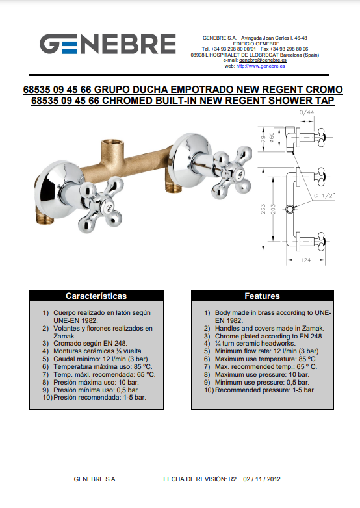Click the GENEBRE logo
click(108, 44)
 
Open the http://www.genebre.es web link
click(261, 66)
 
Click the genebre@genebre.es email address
click(263, 60)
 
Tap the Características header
click(96, 296)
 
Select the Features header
click(262, 296)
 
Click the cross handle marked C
click(101, 204)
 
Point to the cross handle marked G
click(232, 172)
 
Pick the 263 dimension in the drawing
click(263, 209)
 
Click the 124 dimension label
click(305, 260)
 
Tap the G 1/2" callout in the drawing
click(324, 196)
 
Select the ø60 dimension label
click(272, 137)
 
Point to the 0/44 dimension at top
click(307, 112)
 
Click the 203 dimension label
click(273, 209)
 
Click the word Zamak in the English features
click(313, 328)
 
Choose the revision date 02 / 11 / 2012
click(262, 479)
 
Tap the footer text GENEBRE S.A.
click(96, 479)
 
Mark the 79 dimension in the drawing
click(263, 139)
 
